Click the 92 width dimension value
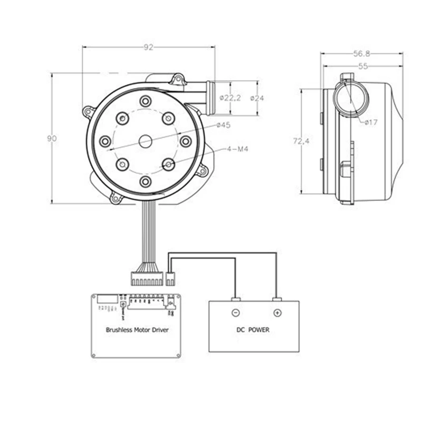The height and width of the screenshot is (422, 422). (x=148, y=47)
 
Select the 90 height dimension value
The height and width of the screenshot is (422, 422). (x=51, y=138)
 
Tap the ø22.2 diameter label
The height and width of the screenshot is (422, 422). (x=230, y=98)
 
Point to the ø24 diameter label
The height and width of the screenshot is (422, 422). (x=257, y=98)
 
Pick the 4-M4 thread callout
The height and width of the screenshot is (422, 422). (x=237, y=149)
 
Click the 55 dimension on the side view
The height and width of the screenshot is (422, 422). (x=363, y=66)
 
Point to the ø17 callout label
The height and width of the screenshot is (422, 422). (x=371, y=122)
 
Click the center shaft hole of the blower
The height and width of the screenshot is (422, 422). (x=145, y=141)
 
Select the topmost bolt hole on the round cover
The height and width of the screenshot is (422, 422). (x=145, y=101)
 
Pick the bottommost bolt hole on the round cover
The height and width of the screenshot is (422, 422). (x=145, y=181)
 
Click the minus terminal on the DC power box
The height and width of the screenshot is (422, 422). (x=235, y=312)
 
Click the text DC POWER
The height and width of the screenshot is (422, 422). (x=252, y=330)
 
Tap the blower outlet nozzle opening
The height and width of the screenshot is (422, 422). (x=210, y=98)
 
